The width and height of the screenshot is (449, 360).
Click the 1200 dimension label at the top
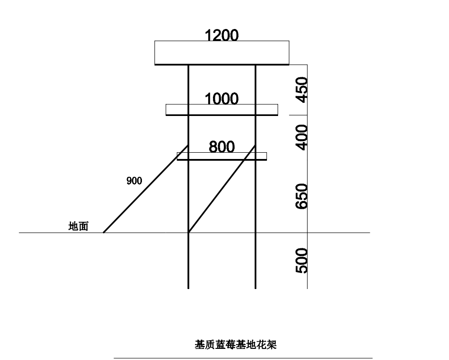[x=222, y=35]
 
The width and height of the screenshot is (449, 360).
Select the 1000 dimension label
[x=222, y=99]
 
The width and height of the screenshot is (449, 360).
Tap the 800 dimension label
[x=222, y=146]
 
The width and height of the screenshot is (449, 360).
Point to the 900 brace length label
[x=134, y=181]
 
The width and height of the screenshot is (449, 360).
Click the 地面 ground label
[x=79, y=226]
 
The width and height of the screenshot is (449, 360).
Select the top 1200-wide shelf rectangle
[x=222, y=53]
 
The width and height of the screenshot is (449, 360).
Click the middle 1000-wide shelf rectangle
[x=222, y=110]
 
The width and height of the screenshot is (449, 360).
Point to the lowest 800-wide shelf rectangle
[x=222, y=156]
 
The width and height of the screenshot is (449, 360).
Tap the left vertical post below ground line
[x=188, y=261]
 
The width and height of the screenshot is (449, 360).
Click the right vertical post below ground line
[x=255, y=261]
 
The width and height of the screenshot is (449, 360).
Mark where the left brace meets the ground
[x=104, y=232]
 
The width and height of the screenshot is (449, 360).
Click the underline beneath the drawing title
[x=243, y=358]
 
